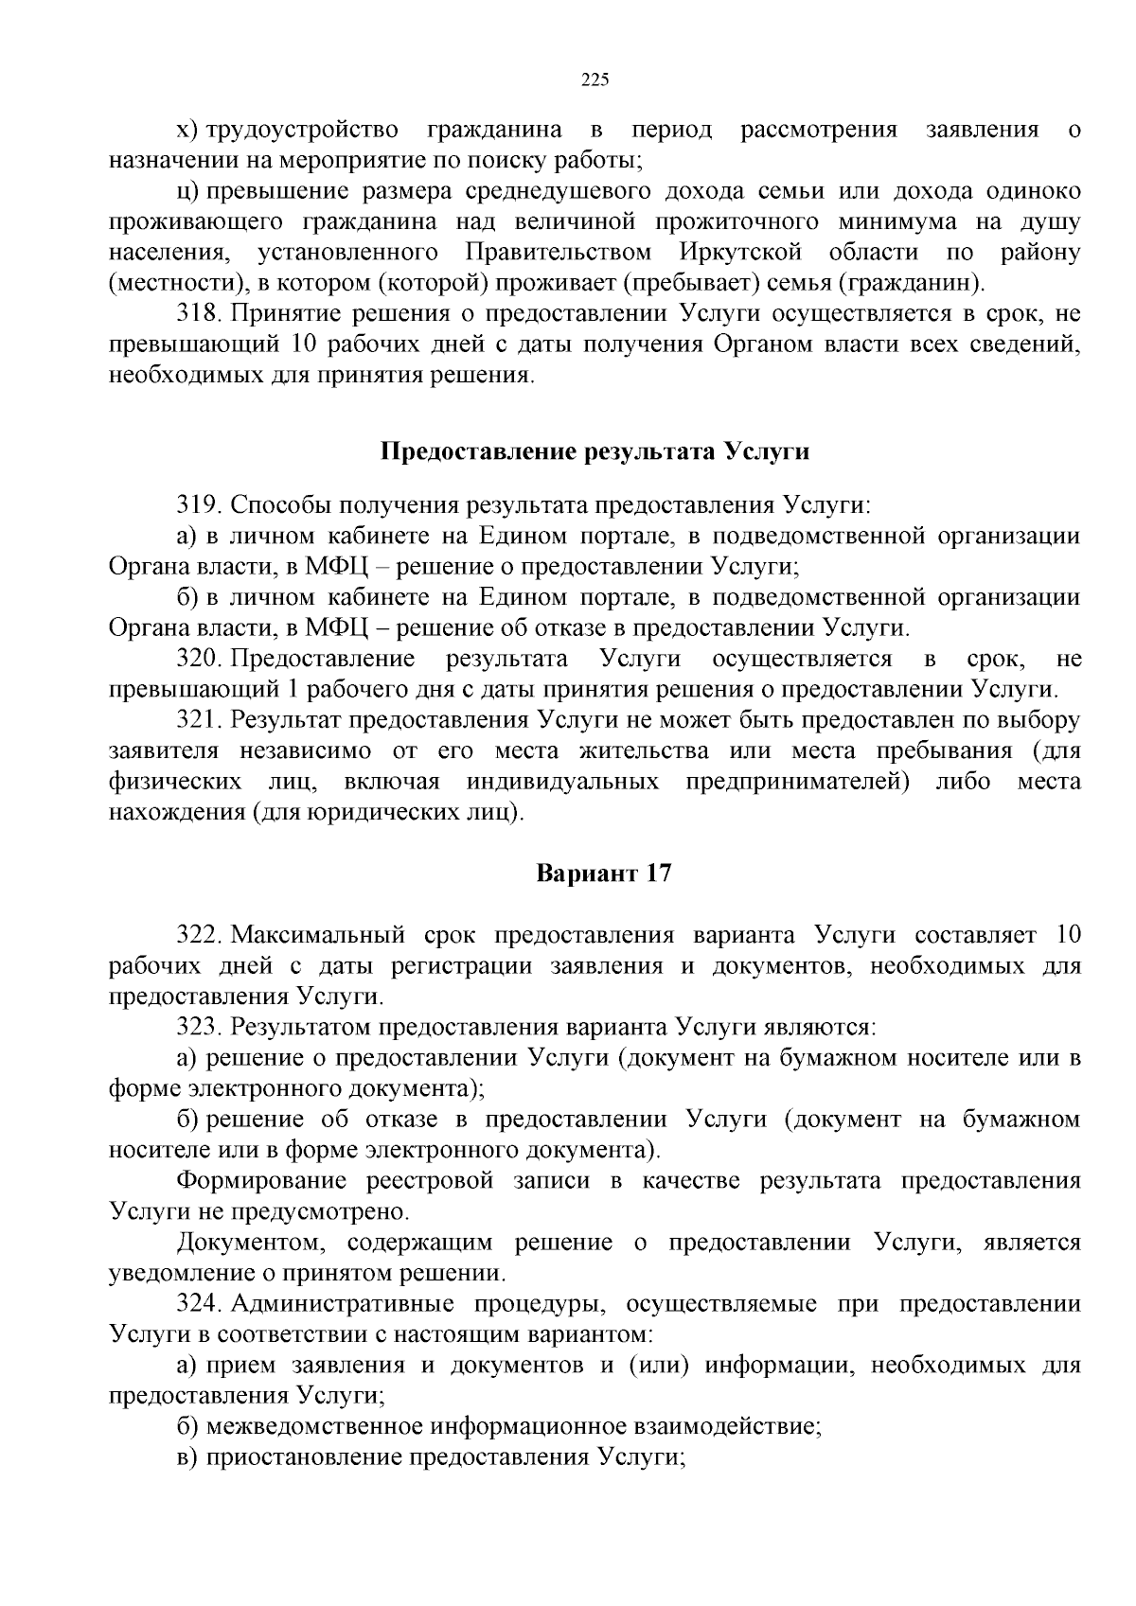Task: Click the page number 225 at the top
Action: [x=594, y=79]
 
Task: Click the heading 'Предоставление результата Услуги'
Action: [x=595, y=451]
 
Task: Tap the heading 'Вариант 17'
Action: [x=604, y=873]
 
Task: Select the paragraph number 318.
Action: [x=199, y=314]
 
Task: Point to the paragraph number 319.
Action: [x=199, y=505]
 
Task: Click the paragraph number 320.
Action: [x=199, y=659]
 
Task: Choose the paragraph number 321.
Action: [x=199, y=720]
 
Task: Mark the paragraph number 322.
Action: [x=199, y=936]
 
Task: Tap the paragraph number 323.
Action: [x=199, y=1028]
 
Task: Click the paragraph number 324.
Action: [x=199, y=1304]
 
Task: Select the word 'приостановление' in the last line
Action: [x=304, y=1457]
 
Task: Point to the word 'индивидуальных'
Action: [x=562, y=782]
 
